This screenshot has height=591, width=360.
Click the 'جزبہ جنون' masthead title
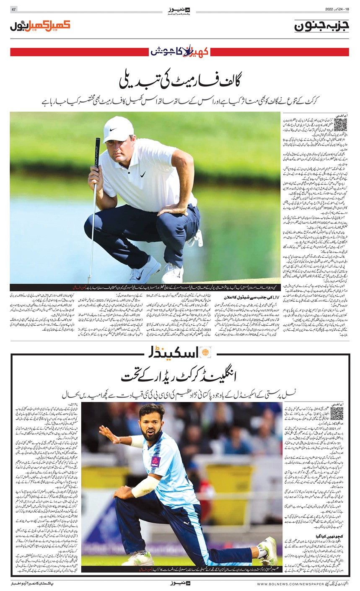pos(321,26)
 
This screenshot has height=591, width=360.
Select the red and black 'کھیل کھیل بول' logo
pos(40,26)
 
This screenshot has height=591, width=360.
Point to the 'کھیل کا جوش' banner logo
pos(180,52)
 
